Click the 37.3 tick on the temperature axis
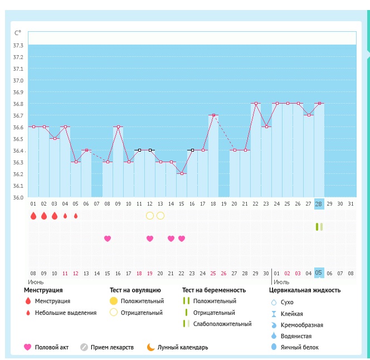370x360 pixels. click(18, 45)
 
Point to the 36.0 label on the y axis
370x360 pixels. click(18, 197)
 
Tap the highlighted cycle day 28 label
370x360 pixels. click(319, 203)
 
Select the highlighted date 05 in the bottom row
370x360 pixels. click(319, 273)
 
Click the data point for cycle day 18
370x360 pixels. click(213, 115)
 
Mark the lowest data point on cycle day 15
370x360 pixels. click(181, 174)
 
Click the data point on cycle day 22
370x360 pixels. click(256, 103)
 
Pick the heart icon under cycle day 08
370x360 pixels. click(108, 239)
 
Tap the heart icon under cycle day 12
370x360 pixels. click(149, 239)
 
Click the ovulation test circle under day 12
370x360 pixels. click(149, 216)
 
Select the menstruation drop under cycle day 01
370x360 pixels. click(33, 216)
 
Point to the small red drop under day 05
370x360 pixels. click(76, 216)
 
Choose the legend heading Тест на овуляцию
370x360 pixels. click(135, 290)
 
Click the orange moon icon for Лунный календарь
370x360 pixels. click(150, 347)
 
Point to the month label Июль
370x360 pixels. click(281, 283)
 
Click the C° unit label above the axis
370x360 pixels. click(18, 33)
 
